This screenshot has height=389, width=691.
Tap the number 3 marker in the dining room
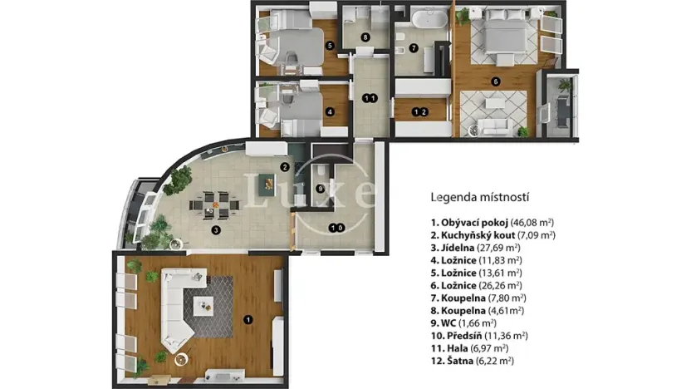[x=215, y=230]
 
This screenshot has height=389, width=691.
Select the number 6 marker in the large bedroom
[x=495, y=81]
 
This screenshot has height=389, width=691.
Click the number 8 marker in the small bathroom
[x=365, y=37]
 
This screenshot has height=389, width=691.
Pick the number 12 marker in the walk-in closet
[x=420, y=111]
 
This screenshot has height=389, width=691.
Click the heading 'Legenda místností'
[x=480, y=198]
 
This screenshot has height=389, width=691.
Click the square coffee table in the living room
[x=204, y=307]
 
